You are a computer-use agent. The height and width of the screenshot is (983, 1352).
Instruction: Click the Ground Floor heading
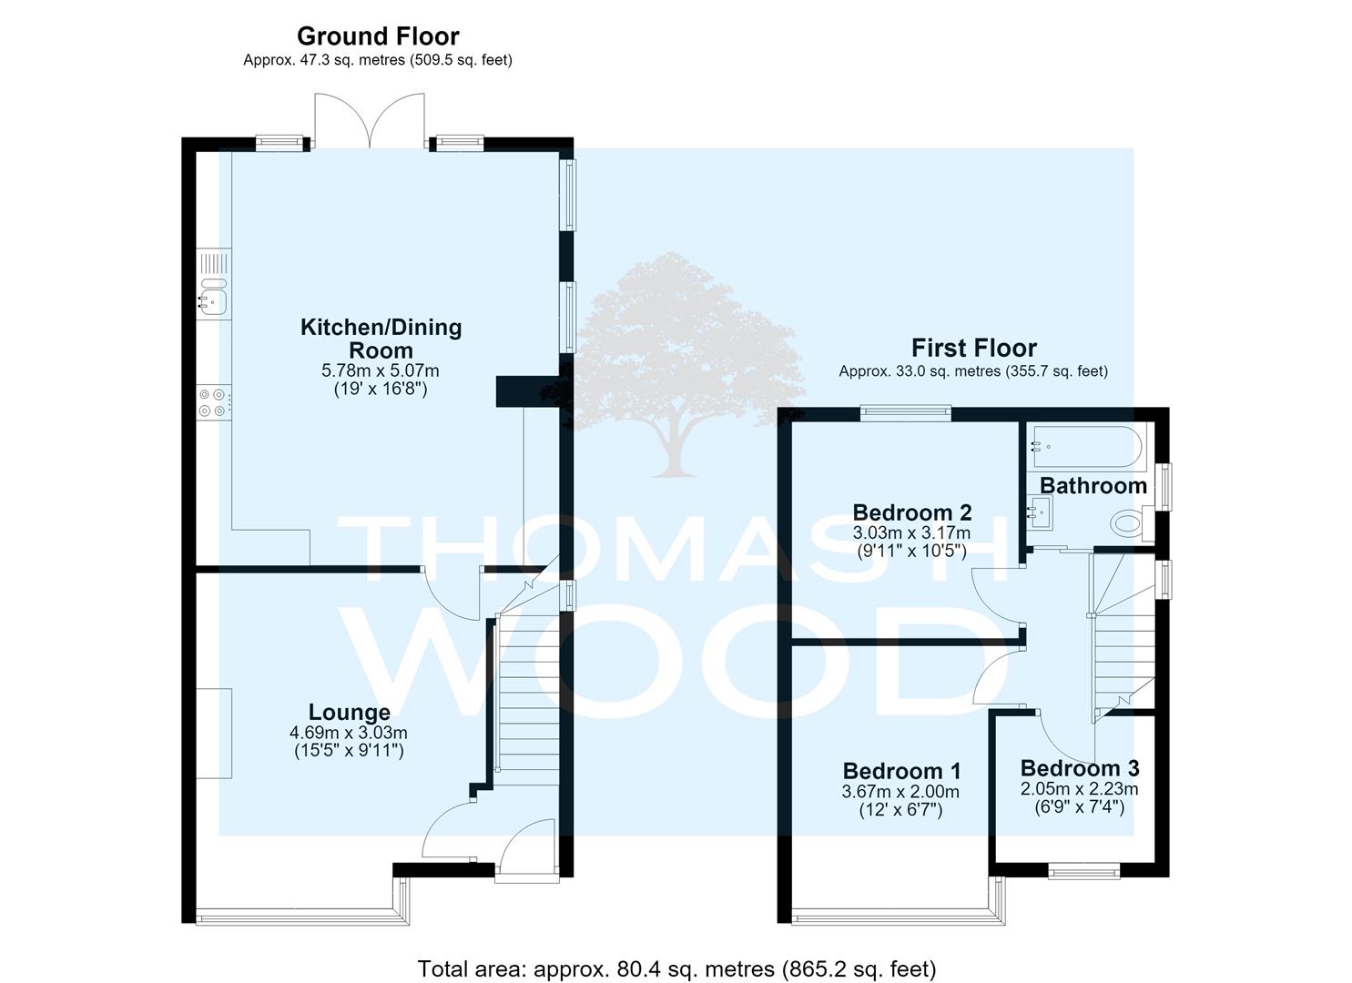(378, 36)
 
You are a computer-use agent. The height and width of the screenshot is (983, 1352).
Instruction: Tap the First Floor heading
(973, 349)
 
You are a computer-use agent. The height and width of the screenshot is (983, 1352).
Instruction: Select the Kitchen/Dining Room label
(381, 339)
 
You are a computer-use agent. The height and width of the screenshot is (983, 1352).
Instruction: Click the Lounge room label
(350, 712)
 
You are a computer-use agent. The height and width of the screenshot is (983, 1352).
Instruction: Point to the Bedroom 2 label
(912, 512)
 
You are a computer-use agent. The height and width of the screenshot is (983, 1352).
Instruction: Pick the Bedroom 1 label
(901, 771)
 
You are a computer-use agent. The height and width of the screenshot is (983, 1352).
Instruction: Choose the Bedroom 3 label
(1080, 768)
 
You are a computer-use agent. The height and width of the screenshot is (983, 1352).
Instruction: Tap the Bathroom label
(1093, 486)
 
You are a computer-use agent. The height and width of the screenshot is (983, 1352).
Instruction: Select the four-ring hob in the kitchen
(212, 402)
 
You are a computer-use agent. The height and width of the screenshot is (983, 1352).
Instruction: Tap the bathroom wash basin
(1040, 513)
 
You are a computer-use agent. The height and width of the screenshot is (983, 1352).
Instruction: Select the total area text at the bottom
(676, 969)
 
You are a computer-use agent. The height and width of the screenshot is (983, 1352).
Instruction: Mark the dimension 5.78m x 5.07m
(381, 370)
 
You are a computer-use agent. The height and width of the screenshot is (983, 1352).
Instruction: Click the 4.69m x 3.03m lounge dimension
(349, 734)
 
